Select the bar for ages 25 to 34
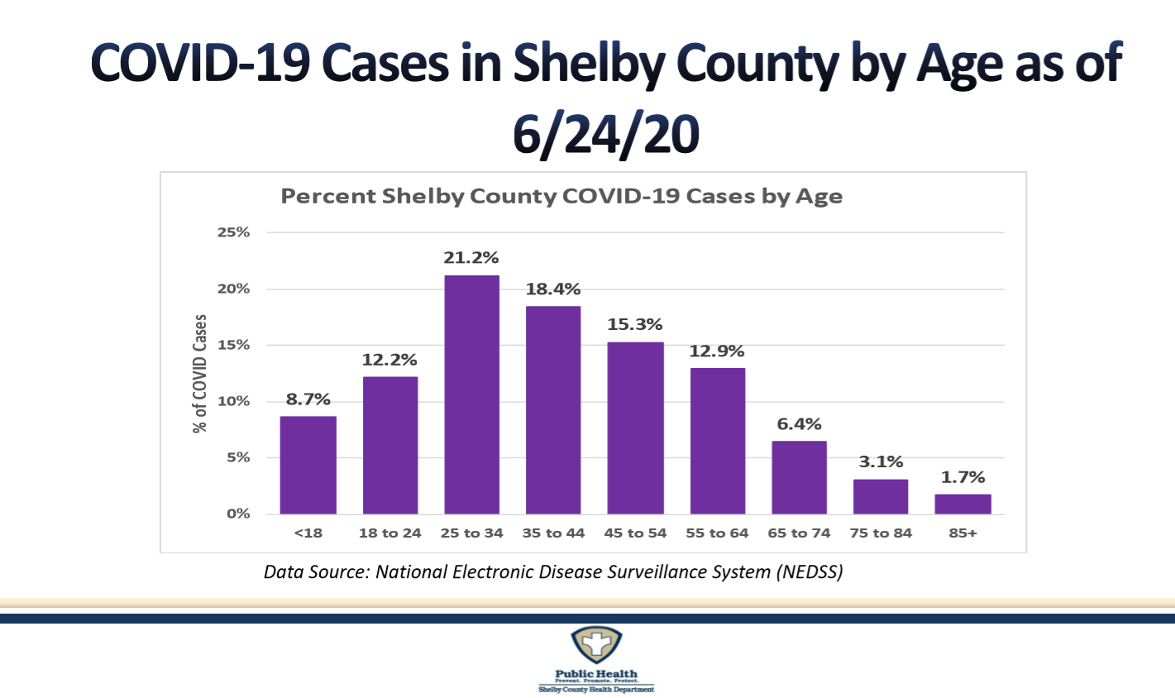pyautogui.click(x=471, y=394)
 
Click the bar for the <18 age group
pyautogui.click(x=308, y=465)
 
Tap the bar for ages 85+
pyautogui.click(x=962, y=504)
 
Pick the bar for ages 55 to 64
pyautogui.click(x=717, y=441)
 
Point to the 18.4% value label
pyautogui.click(x=553, y=289)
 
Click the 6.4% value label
pyautogui.click(x=799, y=424)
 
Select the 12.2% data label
pyautogui.click(x=389, y=360)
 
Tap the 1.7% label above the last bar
pyautogui.click(x=962, y=477)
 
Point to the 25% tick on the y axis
pyautogui.click(x=233, y=232)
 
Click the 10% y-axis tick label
pyautogui.click(x=233, y=401)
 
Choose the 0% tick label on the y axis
pyautogui.click(x=236, y=514)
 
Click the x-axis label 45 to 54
pyautogui.click(x=635, y=533)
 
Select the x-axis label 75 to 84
pyautogui.click(x=881, y=533)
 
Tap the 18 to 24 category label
pyautogui.click(x=389, y=533)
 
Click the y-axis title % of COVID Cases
pyautogui.click(x=200, y=374)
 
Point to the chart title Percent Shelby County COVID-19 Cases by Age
pyautogui.click(x=561, y=197)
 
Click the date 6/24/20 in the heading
pyautogui.click(x=605, y=133)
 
